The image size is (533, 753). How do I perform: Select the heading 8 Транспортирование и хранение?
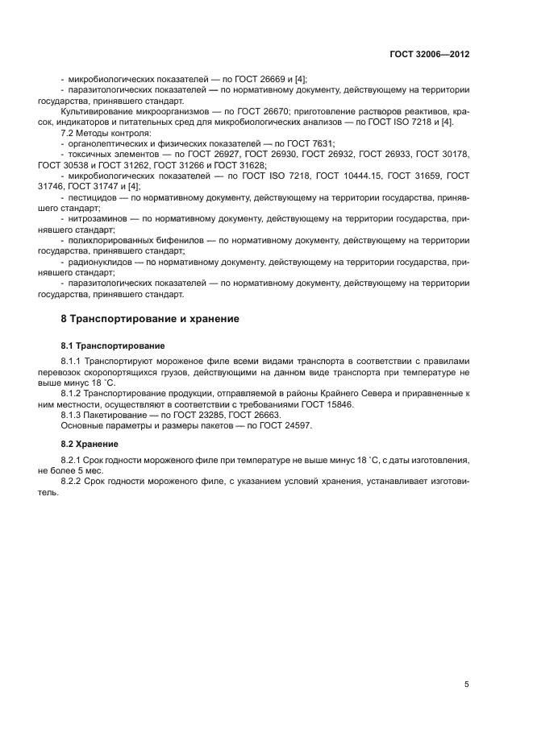150,319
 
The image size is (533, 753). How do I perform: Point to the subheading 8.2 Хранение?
90,444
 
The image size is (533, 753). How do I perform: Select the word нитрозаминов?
101,218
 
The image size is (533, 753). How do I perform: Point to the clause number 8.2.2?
73,482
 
